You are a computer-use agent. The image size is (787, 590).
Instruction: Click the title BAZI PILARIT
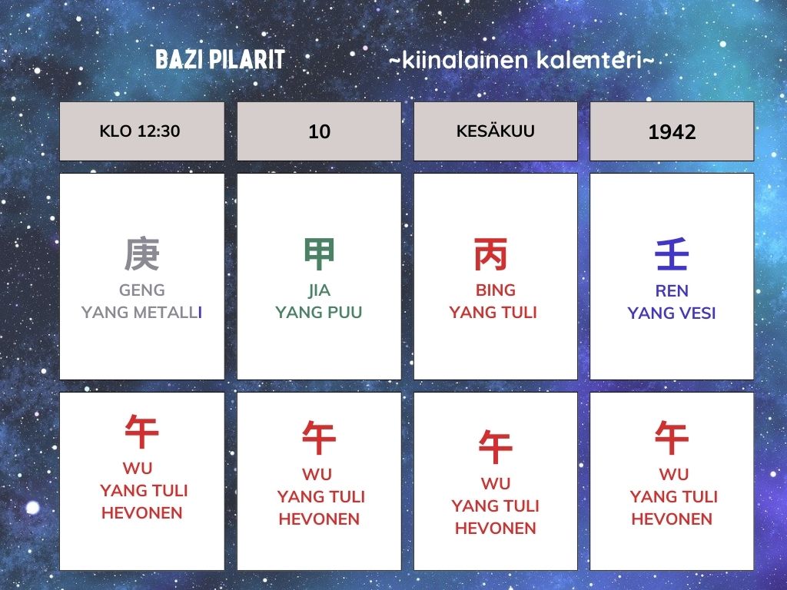pos(220,59)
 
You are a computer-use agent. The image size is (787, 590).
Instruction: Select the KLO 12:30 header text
pos(140,131)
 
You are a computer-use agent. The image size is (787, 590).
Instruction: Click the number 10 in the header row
pos(319,131)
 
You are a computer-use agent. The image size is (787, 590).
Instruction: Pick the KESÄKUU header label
pos(496,131)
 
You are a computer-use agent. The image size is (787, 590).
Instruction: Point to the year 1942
pos(672,132)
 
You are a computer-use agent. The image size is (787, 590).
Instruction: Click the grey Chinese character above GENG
pos(142,254)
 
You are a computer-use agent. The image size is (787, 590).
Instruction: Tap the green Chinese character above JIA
pos(319,254)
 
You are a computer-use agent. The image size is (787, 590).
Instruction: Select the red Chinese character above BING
pos(491,254)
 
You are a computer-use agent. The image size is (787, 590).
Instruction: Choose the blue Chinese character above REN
pos(672,254)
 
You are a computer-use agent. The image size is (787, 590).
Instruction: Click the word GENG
pos(142,290)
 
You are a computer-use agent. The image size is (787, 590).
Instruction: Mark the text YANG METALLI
pos(141,312)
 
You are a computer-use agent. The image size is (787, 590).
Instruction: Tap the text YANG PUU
pos(319,312)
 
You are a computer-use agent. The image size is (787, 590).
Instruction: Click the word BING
pos(496,290)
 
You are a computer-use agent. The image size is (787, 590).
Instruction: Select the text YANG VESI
pos(672,313)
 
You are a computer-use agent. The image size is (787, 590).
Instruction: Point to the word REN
pos(672,291)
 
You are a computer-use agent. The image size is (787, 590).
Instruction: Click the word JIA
pos(319,290)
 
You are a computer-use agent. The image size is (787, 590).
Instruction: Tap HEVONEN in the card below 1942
pos(672,519)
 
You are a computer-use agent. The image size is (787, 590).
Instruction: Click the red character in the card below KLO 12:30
pos(141,432)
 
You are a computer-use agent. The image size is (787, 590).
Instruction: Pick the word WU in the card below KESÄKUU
pos(496,484)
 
